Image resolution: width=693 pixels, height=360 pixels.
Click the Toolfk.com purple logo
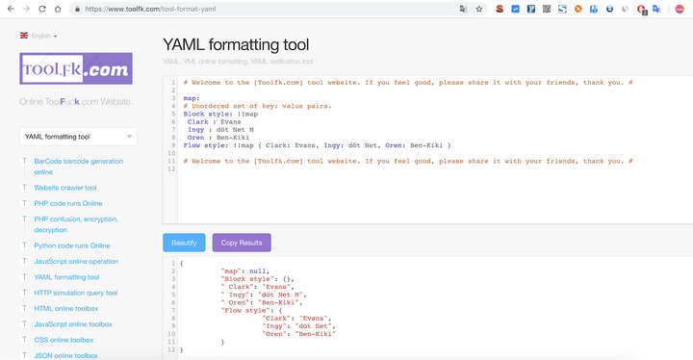point(75,70)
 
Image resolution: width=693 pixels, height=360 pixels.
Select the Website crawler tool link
point(65,188)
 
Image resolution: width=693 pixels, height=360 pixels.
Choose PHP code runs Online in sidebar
point(67,203)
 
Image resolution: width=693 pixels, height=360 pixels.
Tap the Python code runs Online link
point(72,245)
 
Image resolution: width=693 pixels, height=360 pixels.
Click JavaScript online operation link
point(76,261)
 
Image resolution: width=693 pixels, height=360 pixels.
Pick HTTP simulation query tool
point(75,293)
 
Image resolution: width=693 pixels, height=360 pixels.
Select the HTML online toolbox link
point(66,308)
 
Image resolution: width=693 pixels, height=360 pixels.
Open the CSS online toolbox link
point(64,340)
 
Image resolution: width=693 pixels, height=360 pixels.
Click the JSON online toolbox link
point(65,355)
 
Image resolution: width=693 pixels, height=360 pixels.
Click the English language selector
point(39,36)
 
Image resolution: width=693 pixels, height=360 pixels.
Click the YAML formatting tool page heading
point(236,44)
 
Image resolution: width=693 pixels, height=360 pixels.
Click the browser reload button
point(42,9)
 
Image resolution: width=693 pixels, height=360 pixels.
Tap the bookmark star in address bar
point(478,9)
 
